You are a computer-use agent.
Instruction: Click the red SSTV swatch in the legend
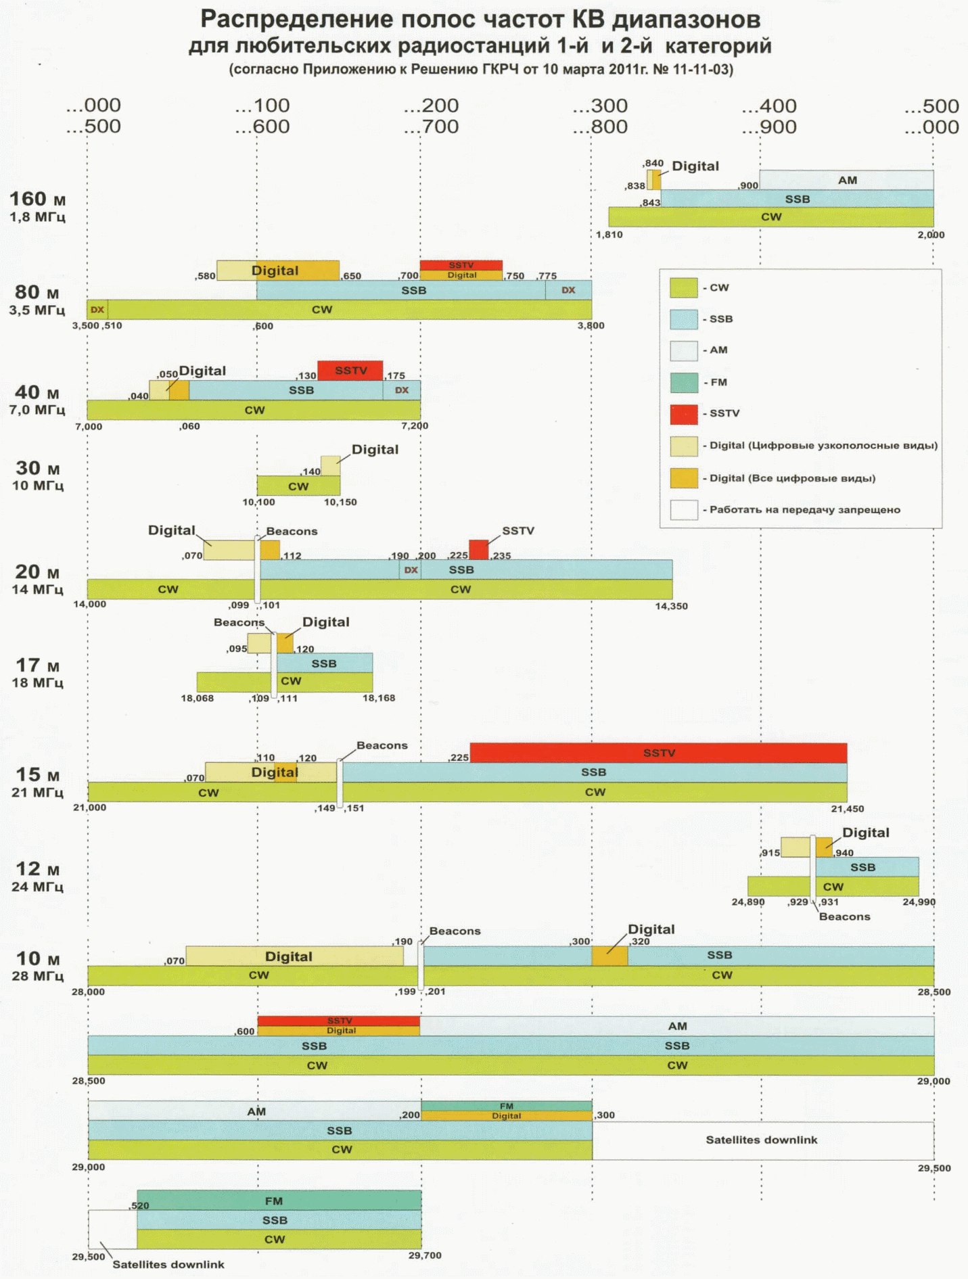click(x=683, y=414)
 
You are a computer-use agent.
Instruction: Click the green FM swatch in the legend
click(x=683, y=383)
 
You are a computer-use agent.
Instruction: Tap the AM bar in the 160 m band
click(x=846, y=180)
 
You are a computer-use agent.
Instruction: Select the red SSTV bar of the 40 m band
click(x=350, y=371)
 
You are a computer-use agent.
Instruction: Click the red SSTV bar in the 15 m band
click(x=658, y=753)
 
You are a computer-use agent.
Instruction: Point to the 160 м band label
click(x=37, y=199)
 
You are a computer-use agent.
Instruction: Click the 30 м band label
click(x=38, y=468)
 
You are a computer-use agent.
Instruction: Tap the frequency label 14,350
click(x=671, y=606)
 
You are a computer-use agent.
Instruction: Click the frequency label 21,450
click(x=847, y=809)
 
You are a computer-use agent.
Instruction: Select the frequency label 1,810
click(x=609, y=235)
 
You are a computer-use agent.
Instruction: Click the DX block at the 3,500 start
click(x=97, y=310)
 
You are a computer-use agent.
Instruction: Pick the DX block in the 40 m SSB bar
click(x=402, y=390)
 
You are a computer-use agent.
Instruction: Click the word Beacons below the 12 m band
click(x=844, y=917)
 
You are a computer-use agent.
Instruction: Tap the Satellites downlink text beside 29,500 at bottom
click(x=168, y=1264)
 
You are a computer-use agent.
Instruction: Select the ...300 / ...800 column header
click(x=600, y=116)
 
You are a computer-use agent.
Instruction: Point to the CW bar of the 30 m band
click(x=298, y=486)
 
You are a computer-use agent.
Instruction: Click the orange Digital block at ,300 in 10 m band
click(x=609, y=955)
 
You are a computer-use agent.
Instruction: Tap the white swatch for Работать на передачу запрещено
click(x=683, y=510)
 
